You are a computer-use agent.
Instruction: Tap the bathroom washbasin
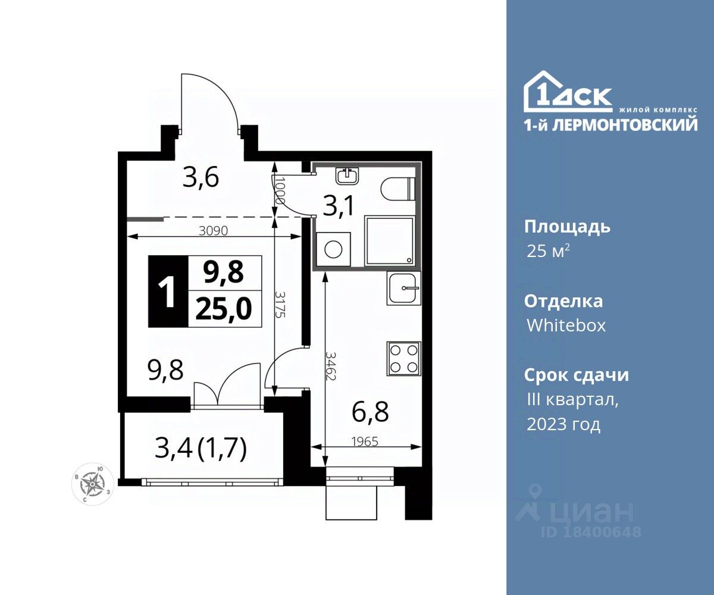[347, 176]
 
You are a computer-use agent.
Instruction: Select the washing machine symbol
[333, 249]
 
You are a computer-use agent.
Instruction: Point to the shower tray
[390, 241]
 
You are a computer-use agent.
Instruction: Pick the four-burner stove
[404, 359]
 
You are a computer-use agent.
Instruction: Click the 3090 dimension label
[214, 231]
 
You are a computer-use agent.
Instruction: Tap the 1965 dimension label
[365, 442]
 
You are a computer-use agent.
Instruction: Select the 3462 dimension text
[331, 367]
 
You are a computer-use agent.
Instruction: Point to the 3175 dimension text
[280, 304]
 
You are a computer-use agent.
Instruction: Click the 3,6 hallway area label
[201, 178]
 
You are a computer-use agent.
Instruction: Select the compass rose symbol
[92, 484]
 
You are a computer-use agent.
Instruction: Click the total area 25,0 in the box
[224, 309]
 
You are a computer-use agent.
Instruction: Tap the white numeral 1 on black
[168, 292]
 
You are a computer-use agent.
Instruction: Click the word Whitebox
[566, 325]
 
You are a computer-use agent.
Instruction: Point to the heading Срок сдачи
[577, 375]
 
